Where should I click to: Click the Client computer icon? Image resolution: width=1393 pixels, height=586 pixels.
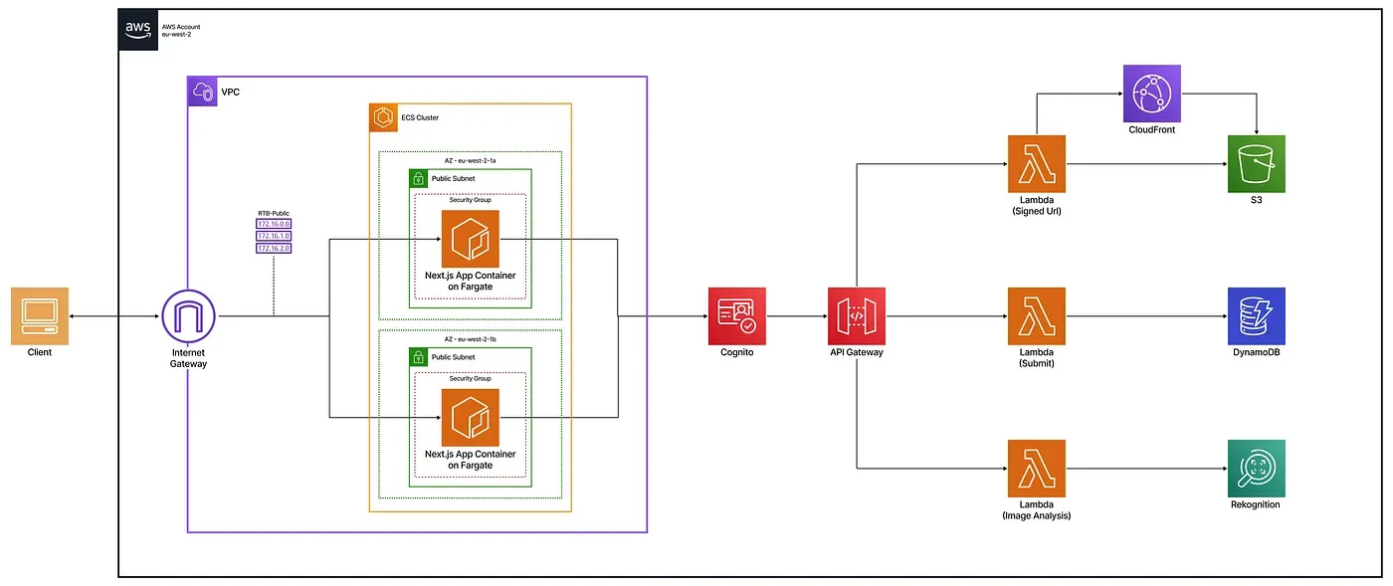[x=40, y=315]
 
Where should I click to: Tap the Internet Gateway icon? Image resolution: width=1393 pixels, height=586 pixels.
[x=188, y=316]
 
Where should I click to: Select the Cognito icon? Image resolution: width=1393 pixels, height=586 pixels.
[x=736, y=316]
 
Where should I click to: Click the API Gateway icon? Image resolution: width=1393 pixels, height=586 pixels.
[x=857, y=316]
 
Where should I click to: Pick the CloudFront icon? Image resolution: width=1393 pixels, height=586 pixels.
[x=1151, y=94]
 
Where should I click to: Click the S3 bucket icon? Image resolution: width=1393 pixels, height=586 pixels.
[x=1257, y=164]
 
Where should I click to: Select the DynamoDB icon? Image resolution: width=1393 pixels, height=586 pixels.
[x=1256, y=316]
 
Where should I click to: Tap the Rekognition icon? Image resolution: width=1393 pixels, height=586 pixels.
[x=1256, y=468]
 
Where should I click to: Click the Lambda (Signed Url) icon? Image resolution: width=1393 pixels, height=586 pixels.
[x=1036, y=164]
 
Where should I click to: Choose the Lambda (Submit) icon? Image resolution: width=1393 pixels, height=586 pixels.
[x=1036, y=316]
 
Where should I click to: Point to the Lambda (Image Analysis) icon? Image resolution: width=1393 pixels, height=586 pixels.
[x=1036, y=468]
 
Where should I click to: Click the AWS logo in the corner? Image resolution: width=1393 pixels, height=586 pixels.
[x=137, y=30]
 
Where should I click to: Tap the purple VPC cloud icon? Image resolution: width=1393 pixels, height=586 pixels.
[x=202, y=92]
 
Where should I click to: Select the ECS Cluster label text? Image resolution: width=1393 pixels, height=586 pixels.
[x=420, y=117]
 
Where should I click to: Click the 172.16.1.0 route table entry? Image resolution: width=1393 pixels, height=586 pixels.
[x=274, y=236]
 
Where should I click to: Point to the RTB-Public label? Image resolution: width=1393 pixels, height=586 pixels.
[x=274, y=213]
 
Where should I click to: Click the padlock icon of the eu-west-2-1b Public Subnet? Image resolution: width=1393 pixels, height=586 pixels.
[x=418, y=356]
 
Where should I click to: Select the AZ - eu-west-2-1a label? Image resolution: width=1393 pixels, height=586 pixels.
[x=470, y=159]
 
